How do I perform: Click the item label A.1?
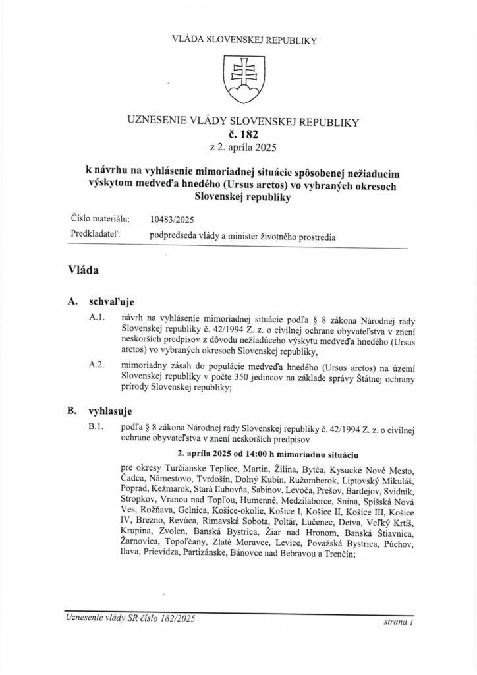point(98,319)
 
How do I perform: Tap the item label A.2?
point(98,364)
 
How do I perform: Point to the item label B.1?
point(98,428)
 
